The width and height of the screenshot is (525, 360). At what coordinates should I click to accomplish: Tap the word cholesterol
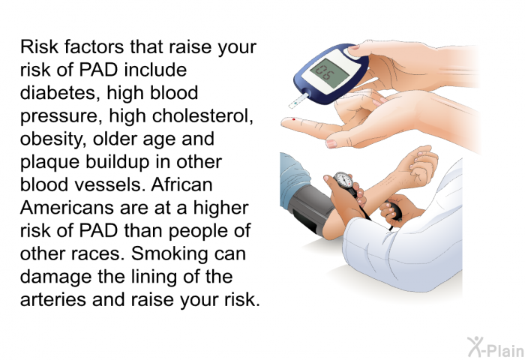coord(202,115)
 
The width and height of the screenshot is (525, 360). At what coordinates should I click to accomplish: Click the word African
coord(181,184)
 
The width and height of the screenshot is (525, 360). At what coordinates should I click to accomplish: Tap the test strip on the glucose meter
coord(298,100)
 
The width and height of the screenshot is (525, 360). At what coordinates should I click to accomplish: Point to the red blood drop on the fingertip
coord(294,119)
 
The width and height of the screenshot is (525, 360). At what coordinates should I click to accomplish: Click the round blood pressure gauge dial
coord(343,181)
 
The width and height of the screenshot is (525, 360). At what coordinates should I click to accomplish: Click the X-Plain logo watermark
coord(496,346)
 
